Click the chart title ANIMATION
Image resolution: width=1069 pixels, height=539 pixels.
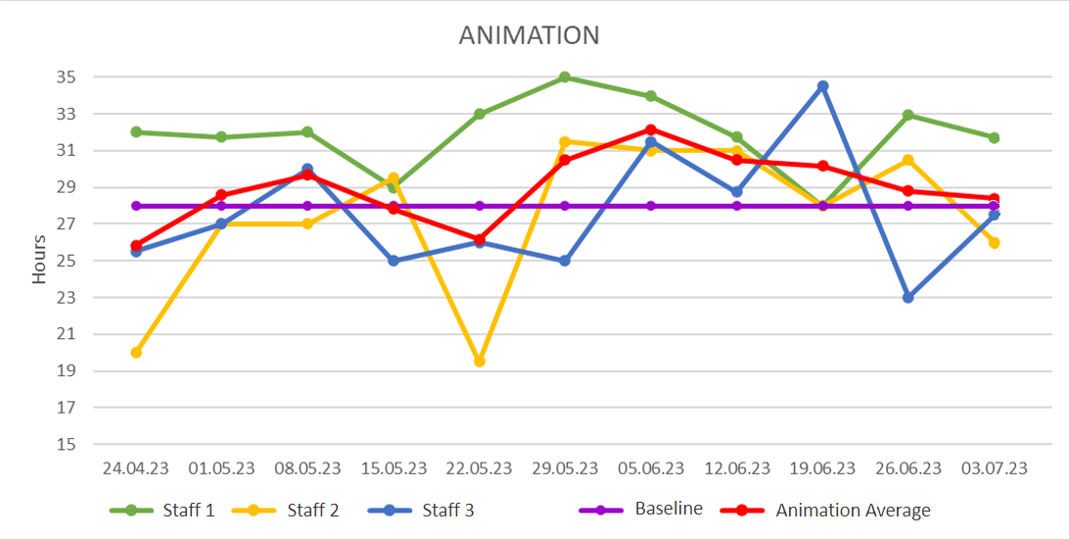(x=529, y=35)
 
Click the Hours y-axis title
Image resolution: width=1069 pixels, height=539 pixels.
(x=39, y=261)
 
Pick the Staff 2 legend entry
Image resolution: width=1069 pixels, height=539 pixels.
(x=314, y=510)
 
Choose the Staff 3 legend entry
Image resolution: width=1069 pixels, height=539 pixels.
(x=447, y=510)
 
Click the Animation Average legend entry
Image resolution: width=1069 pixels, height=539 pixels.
(x=852, y=510)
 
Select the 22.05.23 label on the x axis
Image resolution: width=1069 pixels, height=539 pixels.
(x=479, y=468)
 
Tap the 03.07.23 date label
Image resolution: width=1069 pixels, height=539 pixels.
(x=994, y=468)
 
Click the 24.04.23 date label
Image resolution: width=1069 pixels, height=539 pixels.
(x=136, y=468)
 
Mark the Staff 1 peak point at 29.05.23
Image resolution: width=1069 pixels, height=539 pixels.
(x=565, y=77)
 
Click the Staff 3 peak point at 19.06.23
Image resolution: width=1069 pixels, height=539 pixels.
(x=822, y=86)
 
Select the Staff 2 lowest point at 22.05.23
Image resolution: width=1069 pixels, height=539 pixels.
(x=480, y=362)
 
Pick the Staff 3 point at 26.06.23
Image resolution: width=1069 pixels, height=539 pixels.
(x=907, y=297)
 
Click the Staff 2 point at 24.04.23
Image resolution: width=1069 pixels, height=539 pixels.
(x=136, y=352)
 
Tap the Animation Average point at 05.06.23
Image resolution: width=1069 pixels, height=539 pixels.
(x=651, y=129)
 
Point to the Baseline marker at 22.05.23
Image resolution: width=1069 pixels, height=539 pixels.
(x=480, y=206)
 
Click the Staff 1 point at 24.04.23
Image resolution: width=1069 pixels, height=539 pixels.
(x=136, y=131)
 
